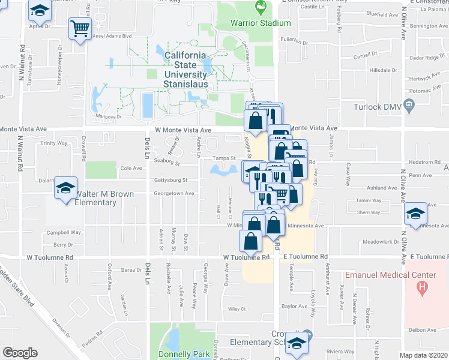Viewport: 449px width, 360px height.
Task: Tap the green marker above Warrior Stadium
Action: pyautogui.click(x=261, y=8)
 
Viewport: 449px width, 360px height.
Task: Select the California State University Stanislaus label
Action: pyautogui.click(x=186, y=70)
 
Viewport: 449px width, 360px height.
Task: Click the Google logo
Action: pyautogui.click(x=20, y=353)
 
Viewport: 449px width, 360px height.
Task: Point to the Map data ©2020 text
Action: pyautogui.click(x=424, y=355)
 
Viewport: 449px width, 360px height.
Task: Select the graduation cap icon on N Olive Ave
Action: pyautogui.click(x=415, y=214)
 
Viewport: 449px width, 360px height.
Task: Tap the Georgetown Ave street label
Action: pyautogui.click(x=173, y=193)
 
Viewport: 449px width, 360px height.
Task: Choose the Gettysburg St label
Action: pyautogui.click(x=173, y=179)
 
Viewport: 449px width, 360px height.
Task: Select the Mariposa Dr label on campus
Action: pyautogui.click(x=110, y=117)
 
